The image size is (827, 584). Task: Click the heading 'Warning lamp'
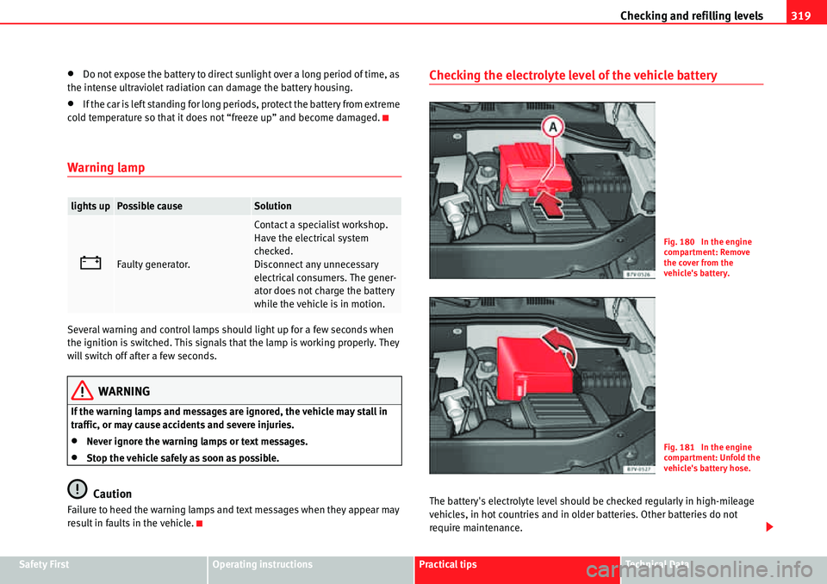[106, 167]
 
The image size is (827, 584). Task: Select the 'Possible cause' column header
[150, 207]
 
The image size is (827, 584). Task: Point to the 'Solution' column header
[272, 207]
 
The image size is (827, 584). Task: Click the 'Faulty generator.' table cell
[154, 264]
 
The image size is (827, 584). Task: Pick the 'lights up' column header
[90, 207]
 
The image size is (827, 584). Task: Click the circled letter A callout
[552, 128]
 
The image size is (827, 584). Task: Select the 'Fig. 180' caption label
[681, 242]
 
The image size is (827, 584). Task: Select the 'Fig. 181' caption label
[681, 447]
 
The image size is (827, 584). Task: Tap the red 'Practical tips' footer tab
[448, 564]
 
